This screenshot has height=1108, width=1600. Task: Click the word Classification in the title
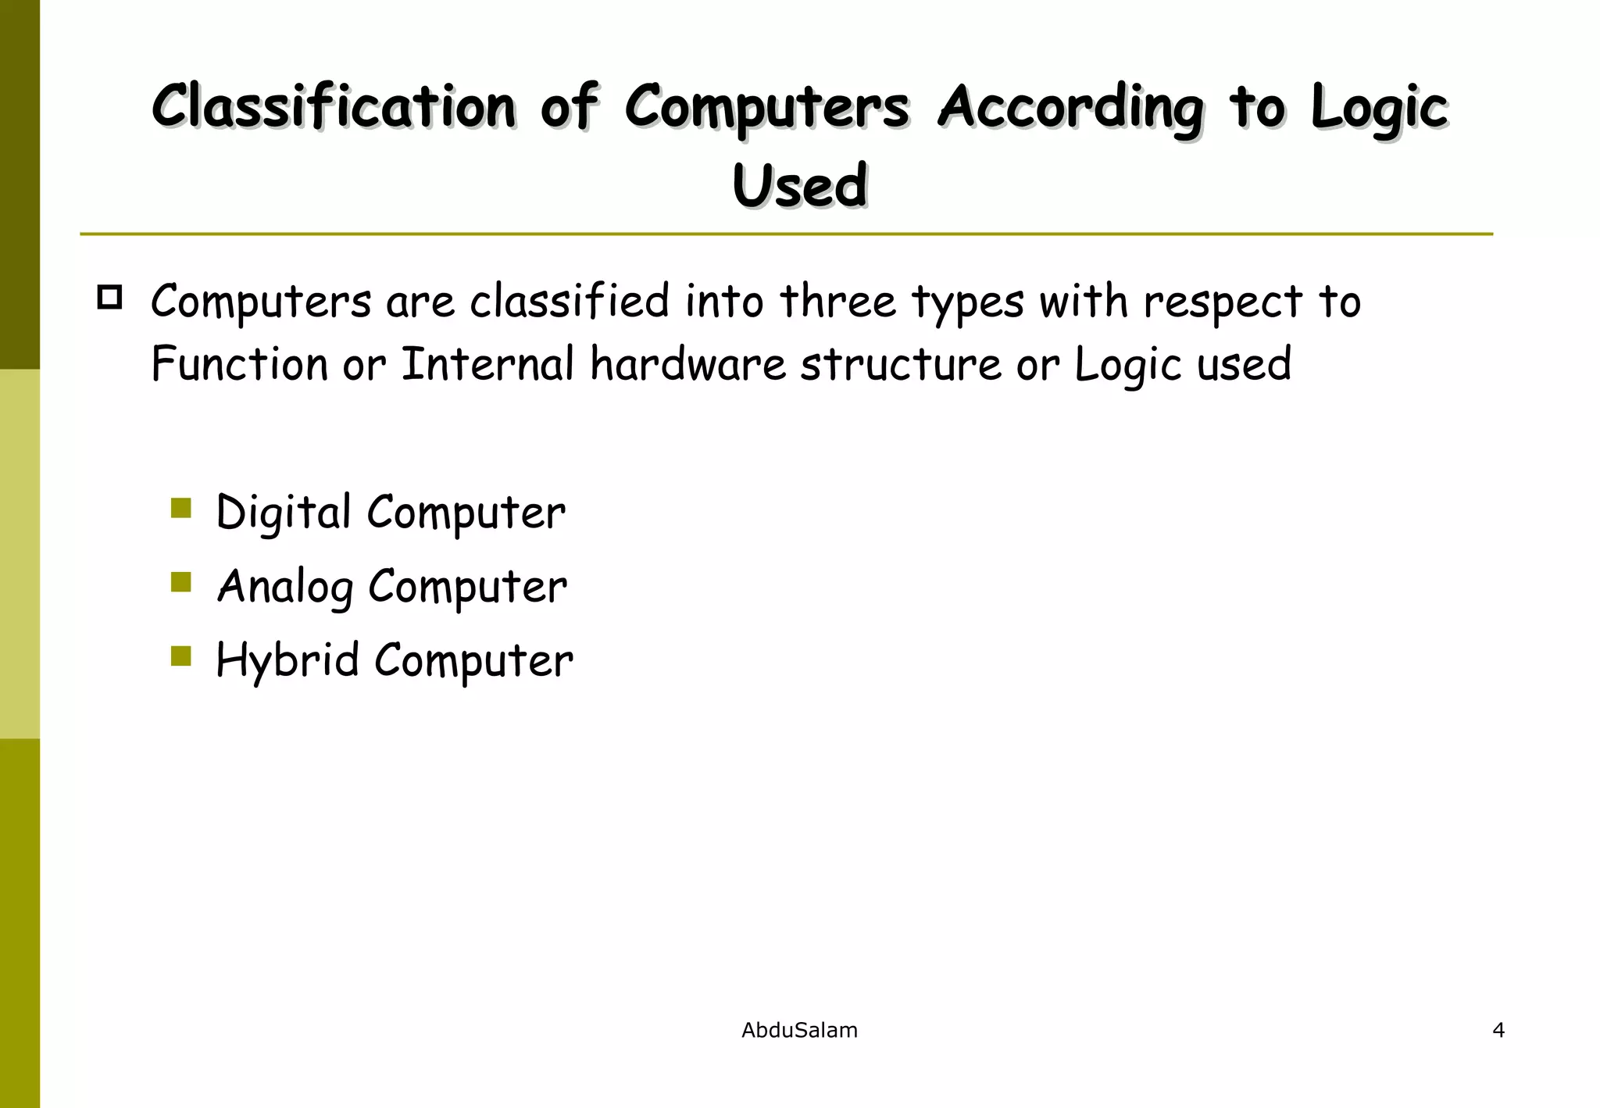tap(334, 106)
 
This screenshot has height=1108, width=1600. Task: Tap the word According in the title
tap(1071, 108)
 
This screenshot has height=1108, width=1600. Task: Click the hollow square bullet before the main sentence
tap(109, 298)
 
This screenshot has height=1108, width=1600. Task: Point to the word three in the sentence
tap(838, 302)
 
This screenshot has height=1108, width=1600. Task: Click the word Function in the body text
tap(239, 364)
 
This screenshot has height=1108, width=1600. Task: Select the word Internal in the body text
tap(487, 364)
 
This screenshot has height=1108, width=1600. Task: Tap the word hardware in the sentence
tap(687, 364)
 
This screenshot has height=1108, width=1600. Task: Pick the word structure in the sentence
tap(900, 364)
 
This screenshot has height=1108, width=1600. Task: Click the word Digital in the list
tap(283, 513)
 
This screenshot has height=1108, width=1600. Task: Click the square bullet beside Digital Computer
tap(180, 509)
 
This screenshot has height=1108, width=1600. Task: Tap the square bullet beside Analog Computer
tap(180, 582)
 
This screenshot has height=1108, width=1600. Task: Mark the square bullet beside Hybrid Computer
tap(180, 656)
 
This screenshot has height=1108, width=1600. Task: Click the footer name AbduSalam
tap(799, 1031)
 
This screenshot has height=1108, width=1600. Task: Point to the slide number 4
tap(1498, 1031)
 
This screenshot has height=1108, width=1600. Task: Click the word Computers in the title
tap(766, 108)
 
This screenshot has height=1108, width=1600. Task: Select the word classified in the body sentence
tap(570, 302)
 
